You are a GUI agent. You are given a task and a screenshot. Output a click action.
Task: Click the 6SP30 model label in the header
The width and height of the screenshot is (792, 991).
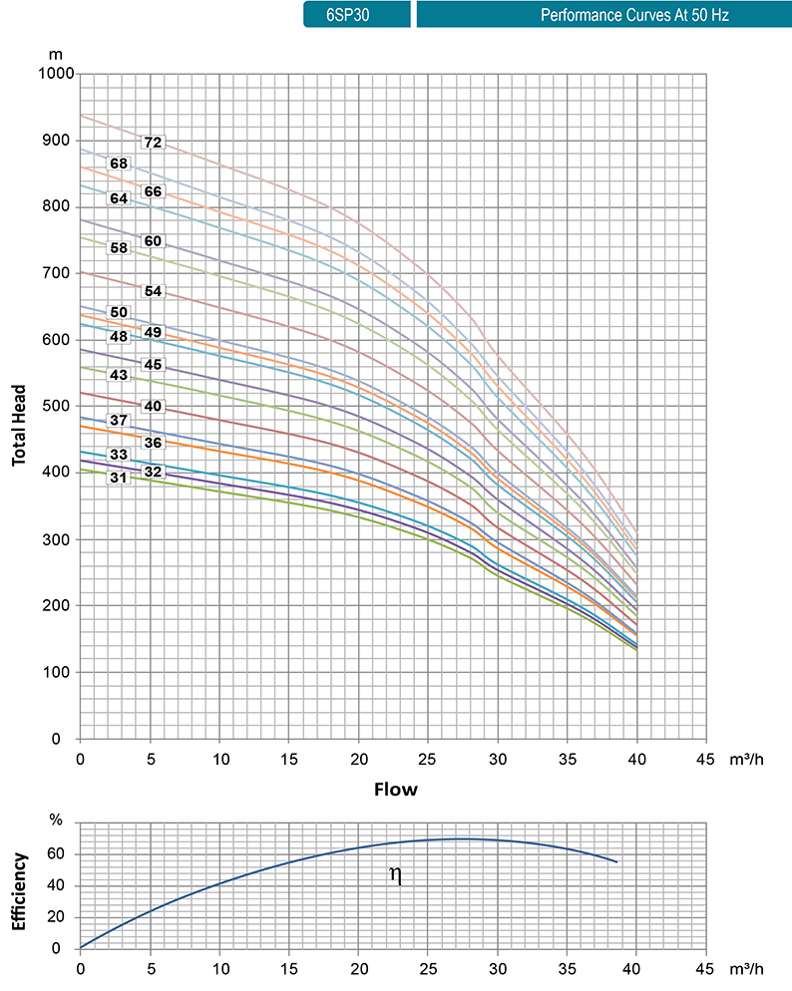click(x=356, y=16)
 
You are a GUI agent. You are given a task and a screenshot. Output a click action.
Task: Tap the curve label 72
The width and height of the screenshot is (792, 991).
click(x=153, y=143)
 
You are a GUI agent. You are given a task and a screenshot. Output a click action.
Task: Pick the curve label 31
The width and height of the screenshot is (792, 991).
click(x=119, y=478)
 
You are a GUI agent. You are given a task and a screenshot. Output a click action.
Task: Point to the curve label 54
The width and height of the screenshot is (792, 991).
click(x=153, y=291)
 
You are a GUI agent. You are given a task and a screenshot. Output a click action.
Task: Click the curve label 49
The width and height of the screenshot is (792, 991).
click(x=153, y=332)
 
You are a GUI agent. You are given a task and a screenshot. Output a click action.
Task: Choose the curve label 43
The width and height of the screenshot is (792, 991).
click(x=119, y=375)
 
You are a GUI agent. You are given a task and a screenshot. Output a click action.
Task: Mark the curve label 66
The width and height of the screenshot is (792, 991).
click(x=153, y=191)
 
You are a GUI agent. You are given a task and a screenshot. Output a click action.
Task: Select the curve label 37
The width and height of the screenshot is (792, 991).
click(x=119, y=420)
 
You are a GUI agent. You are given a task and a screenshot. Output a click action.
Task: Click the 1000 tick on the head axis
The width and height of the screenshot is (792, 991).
click(x=58, y=74)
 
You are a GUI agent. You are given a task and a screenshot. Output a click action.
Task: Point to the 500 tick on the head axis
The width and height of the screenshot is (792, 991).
click(x=62, y=407)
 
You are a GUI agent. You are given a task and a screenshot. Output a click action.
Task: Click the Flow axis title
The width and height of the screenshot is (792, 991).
click(x=396, y=790)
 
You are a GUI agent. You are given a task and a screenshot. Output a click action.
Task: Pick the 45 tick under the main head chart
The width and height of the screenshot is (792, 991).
click(x=706, y=758)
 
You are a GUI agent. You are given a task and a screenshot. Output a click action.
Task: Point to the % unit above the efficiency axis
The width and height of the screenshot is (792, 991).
click(x=56, y=821)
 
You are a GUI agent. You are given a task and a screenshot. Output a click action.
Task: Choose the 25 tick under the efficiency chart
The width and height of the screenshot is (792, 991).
click(x=428, y=968)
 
